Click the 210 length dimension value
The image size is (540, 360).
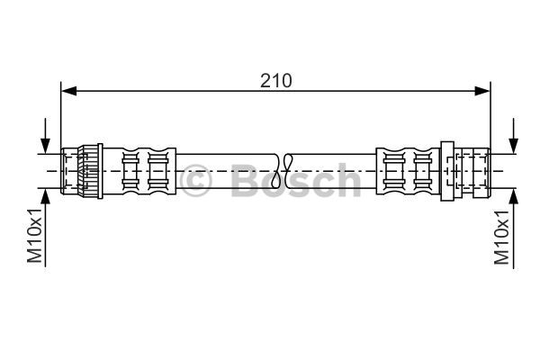(276, 81)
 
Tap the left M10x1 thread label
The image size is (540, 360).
(34, 235)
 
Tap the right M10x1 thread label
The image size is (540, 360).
(501, 237)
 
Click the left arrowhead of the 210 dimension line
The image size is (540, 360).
(68, 91)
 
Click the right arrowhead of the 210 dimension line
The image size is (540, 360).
(482, 91)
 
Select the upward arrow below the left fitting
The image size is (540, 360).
(45, 228)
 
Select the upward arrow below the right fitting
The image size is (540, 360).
(514, 229)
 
